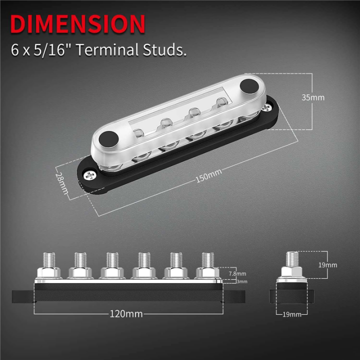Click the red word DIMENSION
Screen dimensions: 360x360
tap(78, 24)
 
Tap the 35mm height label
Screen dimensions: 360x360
tap(313, 97)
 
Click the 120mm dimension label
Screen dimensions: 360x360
tap(126, 314)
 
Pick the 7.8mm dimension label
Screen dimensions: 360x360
tap(237, 273)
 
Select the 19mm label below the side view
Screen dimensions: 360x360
tap(292, 314)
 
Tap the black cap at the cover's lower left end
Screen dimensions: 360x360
tap(107, 138)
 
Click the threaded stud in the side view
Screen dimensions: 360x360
tap(291, 260)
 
